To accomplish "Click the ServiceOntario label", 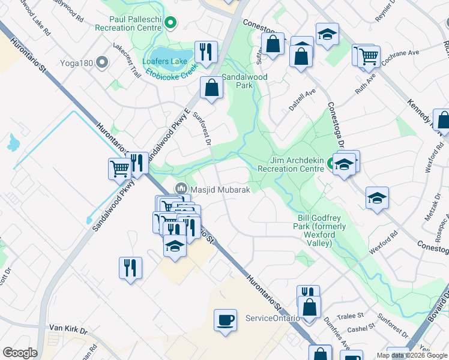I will [273, 317].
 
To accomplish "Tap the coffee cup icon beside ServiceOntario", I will [226, 319].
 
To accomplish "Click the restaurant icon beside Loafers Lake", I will [205, 52].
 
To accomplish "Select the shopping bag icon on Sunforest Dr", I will [212, 88].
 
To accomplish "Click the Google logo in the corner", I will [20, 353].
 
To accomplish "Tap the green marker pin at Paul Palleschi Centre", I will [170, 24].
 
